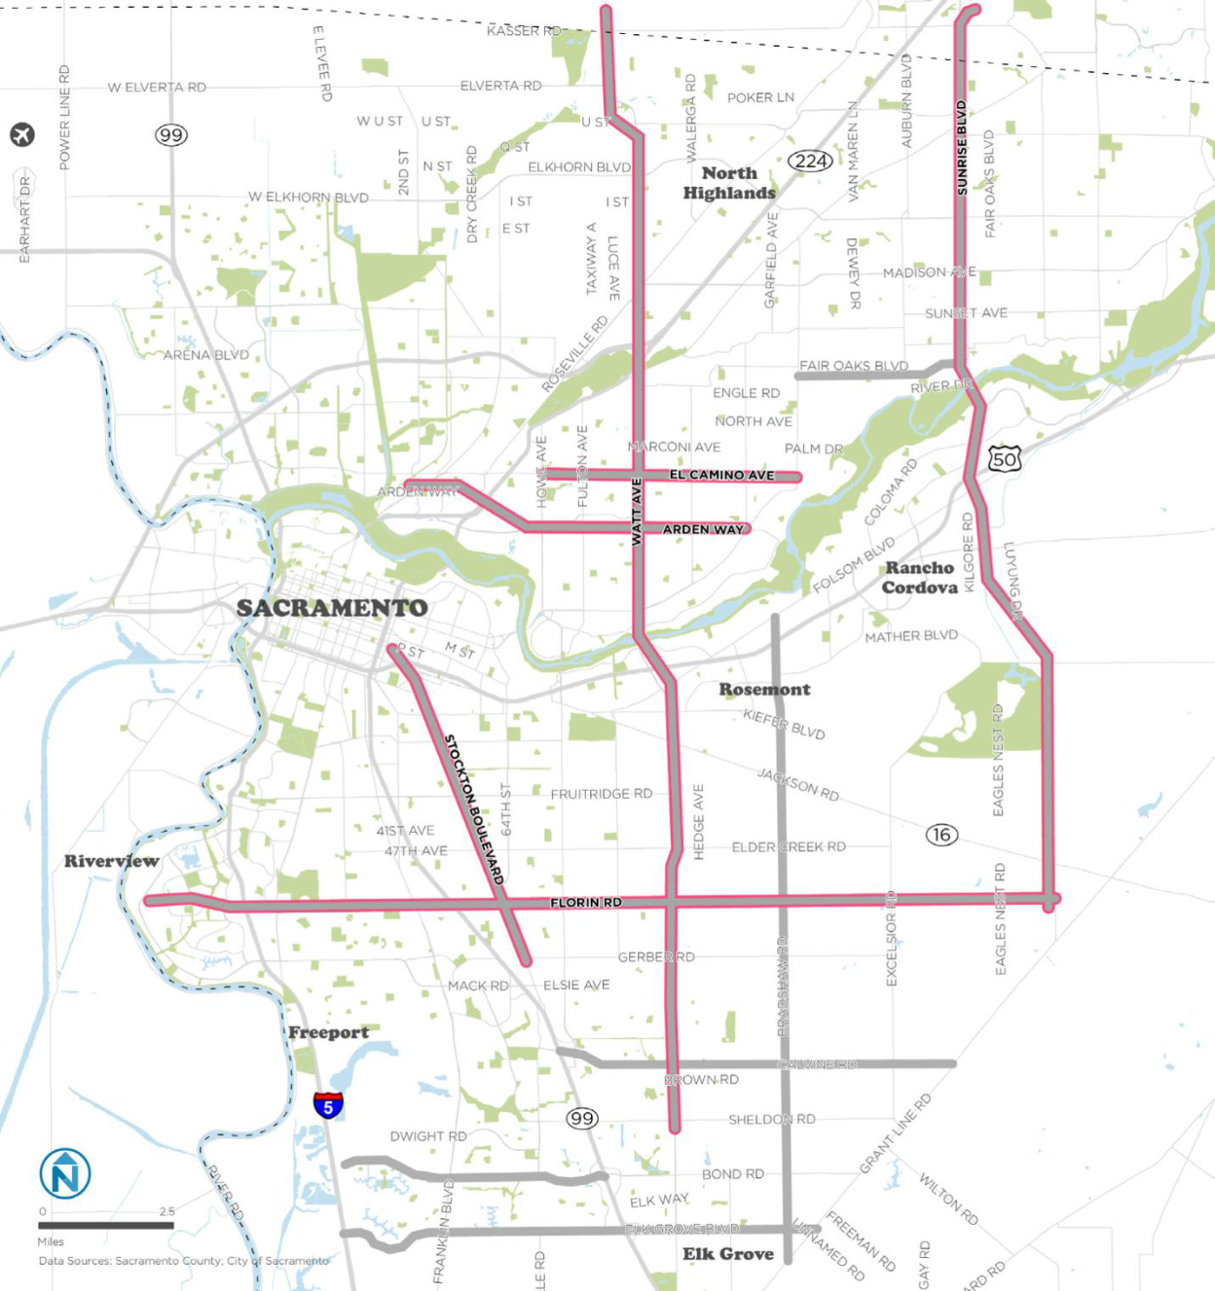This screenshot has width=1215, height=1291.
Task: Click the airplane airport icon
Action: pos(22,134)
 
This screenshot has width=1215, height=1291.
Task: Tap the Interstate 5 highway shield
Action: pos(328,1105)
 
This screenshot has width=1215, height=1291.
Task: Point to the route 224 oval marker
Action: pos(810,161)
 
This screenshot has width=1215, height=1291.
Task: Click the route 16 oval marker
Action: pos(941,835)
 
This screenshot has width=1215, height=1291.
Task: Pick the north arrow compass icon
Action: pos(65,1174)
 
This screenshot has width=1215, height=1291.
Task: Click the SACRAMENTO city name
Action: pos(332,608)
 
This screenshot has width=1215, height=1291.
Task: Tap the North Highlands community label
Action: pos(729,183)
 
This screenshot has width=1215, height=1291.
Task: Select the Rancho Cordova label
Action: pos(920,578)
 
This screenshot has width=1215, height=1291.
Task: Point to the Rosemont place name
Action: pos(764,690)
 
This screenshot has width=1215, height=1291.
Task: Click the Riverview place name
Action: pos(112,861)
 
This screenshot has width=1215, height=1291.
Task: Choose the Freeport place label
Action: pos(328,1033)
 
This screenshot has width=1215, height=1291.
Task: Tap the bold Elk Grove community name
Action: pos(727,1254)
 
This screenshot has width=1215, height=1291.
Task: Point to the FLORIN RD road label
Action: pos(586,903)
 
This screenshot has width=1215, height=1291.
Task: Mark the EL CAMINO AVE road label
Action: pos(721,475)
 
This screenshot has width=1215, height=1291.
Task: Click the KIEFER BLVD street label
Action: pos(784,724)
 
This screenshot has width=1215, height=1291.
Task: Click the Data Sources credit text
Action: pos(183,1261)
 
